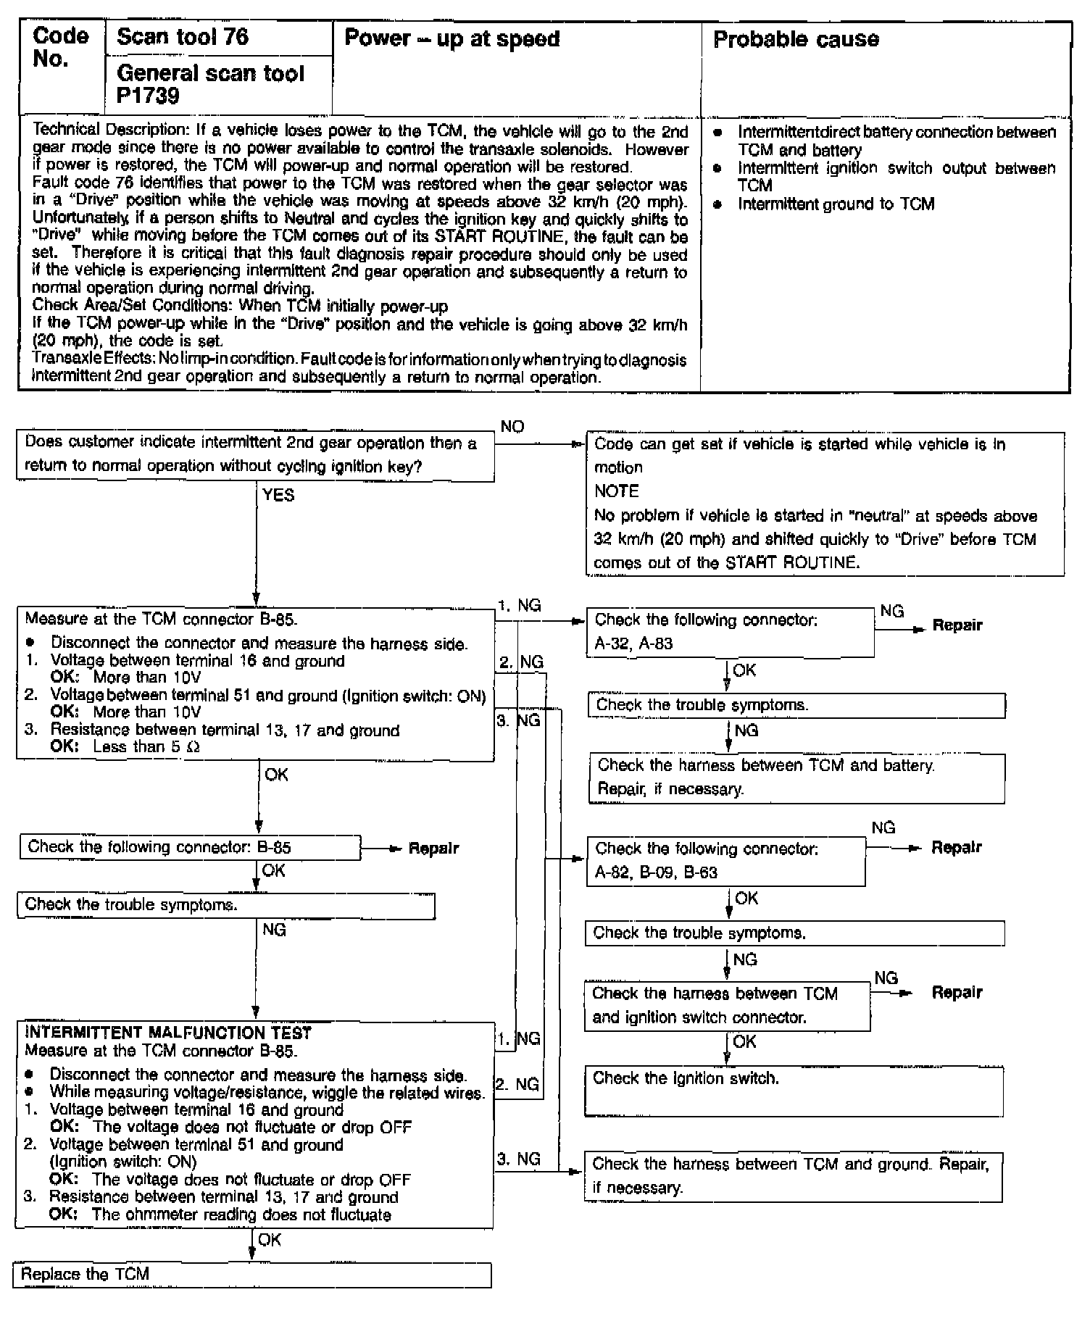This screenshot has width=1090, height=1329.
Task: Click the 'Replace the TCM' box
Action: [x=251, y=1274]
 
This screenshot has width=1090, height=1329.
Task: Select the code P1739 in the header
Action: [x=148, y=96]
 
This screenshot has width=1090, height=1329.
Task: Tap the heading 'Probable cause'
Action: [x=796, y=39]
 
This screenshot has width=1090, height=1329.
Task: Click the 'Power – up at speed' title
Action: [x=452, y=38]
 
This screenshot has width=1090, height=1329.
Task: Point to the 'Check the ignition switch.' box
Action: [x=794, y=1091]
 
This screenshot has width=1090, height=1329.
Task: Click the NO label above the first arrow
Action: [x=512, y=427]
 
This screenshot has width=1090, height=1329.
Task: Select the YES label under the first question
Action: [x=278, y=495]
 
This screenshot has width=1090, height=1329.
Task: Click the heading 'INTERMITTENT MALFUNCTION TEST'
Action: [x=168, y=1033]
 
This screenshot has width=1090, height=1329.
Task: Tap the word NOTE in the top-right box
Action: [x=616, y=491]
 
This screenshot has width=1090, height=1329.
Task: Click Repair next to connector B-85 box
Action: [x=433, y=848]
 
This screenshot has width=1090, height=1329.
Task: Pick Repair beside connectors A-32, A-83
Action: [x=957, y=625]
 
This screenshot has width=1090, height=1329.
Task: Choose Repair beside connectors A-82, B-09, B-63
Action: [x=956, y=847]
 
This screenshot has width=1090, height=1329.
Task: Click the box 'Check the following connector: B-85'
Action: [x=190, y=847]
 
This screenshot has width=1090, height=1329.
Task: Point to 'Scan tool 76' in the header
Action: [x=183, y=37]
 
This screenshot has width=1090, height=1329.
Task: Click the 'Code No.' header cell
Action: [x=61, y=48]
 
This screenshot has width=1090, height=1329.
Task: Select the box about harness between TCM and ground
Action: [x=793, y=1176]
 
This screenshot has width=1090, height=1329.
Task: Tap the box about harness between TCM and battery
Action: [x=796, y=778]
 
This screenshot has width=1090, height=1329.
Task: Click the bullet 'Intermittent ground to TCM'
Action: [x=836, y=204]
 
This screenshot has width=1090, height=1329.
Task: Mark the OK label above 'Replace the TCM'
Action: [x=270, y=1240]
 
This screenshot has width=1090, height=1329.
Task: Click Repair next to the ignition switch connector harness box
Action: [x=957, y=992]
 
